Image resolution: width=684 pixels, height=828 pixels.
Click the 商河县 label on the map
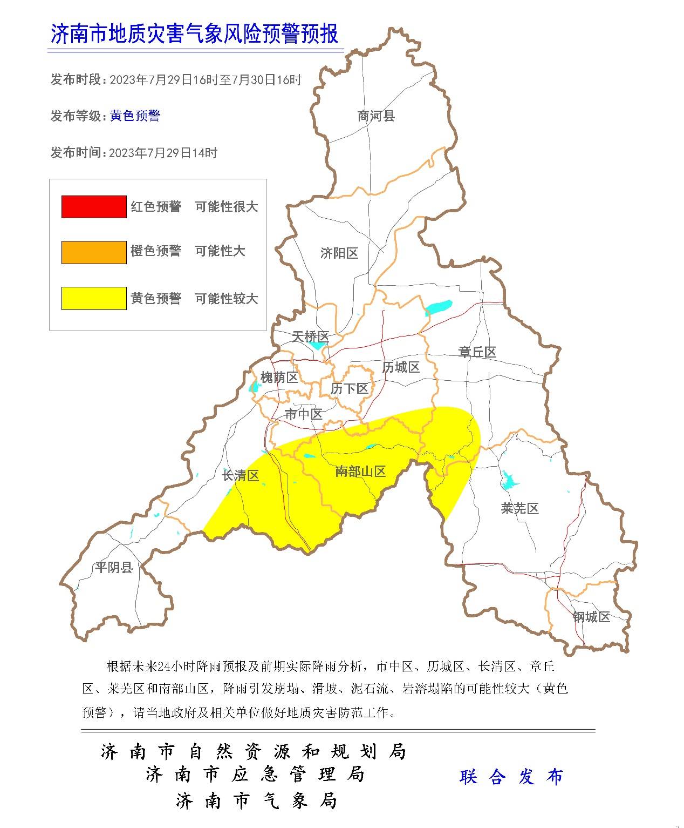tap(376, 116)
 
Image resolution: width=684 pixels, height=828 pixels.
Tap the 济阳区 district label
tap(339, 253)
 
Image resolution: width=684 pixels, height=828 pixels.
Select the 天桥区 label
tap(310, 337)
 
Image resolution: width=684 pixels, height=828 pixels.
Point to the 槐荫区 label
tap(279, 378)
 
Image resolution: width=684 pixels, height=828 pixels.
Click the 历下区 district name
tap(349, 389)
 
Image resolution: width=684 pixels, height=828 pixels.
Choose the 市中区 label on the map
tap(303, 415)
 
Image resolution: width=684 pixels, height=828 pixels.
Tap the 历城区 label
tap(401, 368)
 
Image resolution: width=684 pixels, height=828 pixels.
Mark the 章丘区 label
tap(477, 353)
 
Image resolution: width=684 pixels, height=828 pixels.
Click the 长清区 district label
tap(241, 476)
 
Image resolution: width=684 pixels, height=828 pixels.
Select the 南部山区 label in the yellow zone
tap(360, 472)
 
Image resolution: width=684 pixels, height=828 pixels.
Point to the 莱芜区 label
tap(519, 509)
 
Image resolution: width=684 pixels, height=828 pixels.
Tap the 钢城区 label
tap(591, 617)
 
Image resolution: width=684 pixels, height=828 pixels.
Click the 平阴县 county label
tap(114, 568)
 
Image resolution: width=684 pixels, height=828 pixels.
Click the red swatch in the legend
tap(94, 207)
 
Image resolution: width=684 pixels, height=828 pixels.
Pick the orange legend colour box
tap(94, 252)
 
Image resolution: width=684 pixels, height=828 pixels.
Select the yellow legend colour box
tap(94, 299)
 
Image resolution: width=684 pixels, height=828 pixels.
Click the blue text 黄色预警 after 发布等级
tap(135, 116)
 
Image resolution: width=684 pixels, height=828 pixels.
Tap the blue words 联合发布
tap(511, 777)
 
